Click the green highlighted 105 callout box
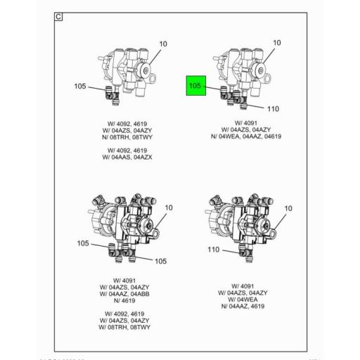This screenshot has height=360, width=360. pyautogui.click(x=195, y=86)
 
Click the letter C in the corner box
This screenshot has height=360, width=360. pyautogui.click(x=59, y=16)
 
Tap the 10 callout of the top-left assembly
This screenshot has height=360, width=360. pyautogui.click(x=163, y=44)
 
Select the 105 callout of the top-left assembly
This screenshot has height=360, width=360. pyautogui.click(x=80, y=86)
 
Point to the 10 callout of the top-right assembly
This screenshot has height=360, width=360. pyautogui.click(x=276, y=43)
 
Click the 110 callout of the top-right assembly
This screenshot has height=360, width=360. pyautogui.click(x=274, y=109)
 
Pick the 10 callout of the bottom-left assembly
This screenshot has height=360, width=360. pyautogui.click(x=169, y=207)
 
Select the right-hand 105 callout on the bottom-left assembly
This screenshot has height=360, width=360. pyautogui.click(x=160, y=261)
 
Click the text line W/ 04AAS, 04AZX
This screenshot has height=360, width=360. pyautogui.click(x=129, y=157)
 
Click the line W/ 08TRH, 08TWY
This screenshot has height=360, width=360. pyautogui.click(x=129, y=328)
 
